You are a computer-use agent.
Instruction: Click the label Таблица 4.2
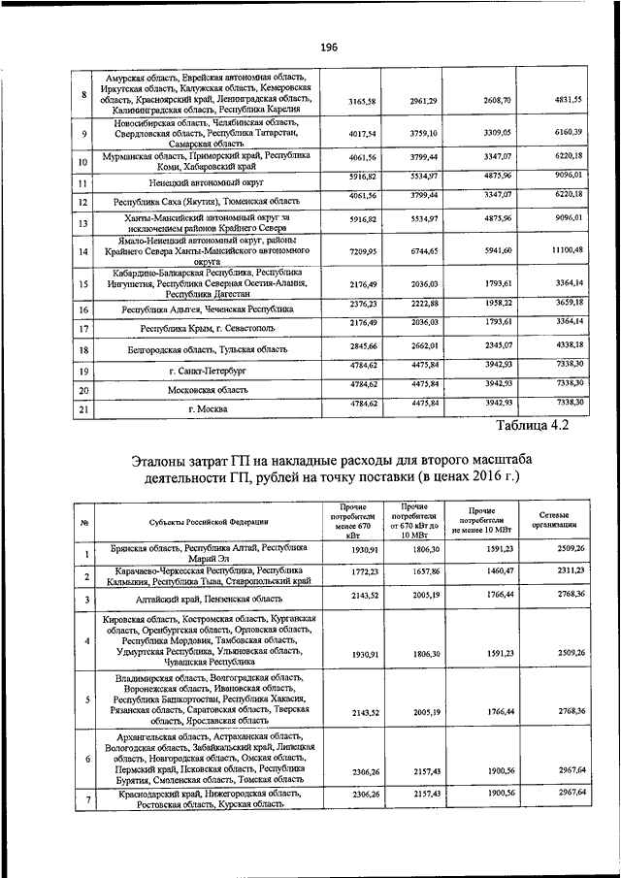click(532, 425)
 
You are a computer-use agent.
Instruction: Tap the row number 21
click(83, 410)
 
